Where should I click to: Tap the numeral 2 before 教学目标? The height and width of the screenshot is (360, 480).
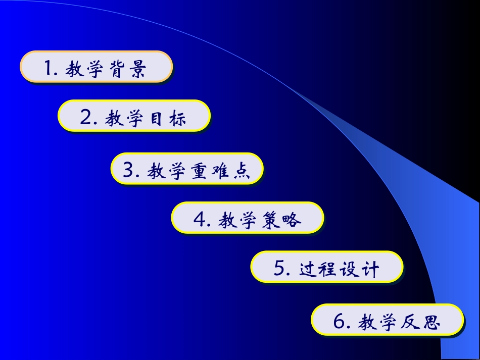[85, 118]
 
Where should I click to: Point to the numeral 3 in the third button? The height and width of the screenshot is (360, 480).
[128, 171]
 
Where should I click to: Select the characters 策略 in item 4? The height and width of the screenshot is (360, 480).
[281, 221]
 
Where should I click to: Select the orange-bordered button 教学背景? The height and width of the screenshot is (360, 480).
[96, 67]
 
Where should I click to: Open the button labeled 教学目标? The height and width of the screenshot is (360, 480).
[134, 116]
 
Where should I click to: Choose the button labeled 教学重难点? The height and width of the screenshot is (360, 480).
[187, 169]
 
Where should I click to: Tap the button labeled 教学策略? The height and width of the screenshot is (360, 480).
[247, 218]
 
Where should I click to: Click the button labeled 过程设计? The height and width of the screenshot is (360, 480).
[327, 267]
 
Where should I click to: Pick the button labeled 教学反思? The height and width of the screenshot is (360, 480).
[387, 320]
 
